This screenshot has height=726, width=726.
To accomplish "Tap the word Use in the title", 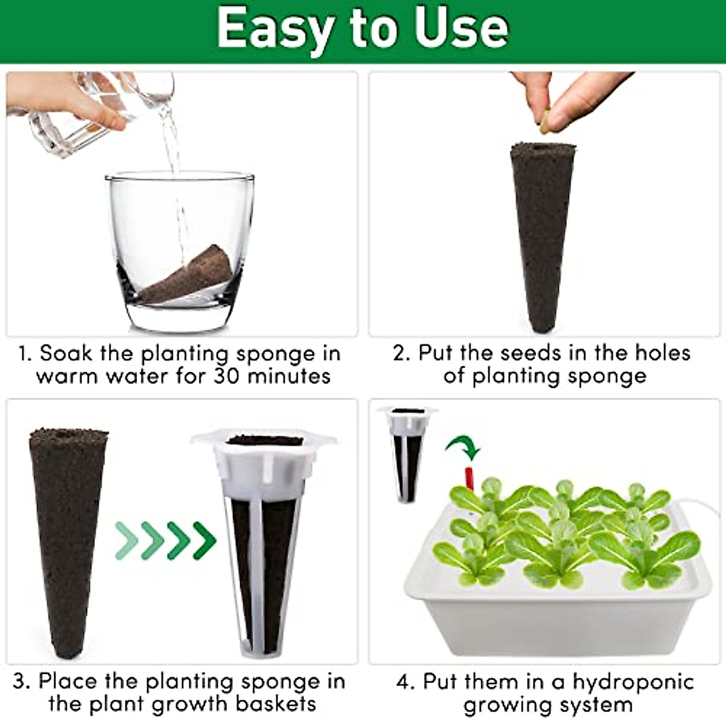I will point(460,28).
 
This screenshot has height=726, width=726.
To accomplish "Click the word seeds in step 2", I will point(532,353).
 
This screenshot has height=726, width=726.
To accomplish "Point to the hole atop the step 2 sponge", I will point(540,147).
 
